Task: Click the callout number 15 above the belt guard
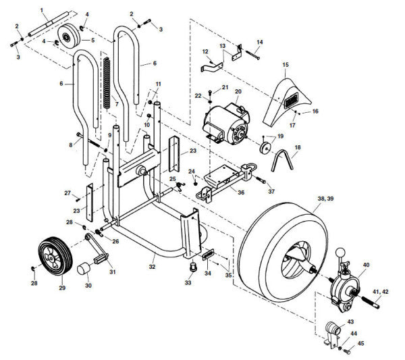(285, 65)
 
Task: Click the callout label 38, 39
(326, 199)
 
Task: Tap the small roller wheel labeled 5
(67, 36)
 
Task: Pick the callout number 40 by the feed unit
(366, 265)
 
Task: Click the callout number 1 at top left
(41, 9)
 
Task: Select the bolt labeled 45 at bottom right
(348, 351)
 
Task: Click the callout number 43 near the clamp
(350, 322)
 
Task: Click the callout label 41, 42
(380, 291)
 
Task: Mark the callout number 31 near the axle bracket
(113, 272)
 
